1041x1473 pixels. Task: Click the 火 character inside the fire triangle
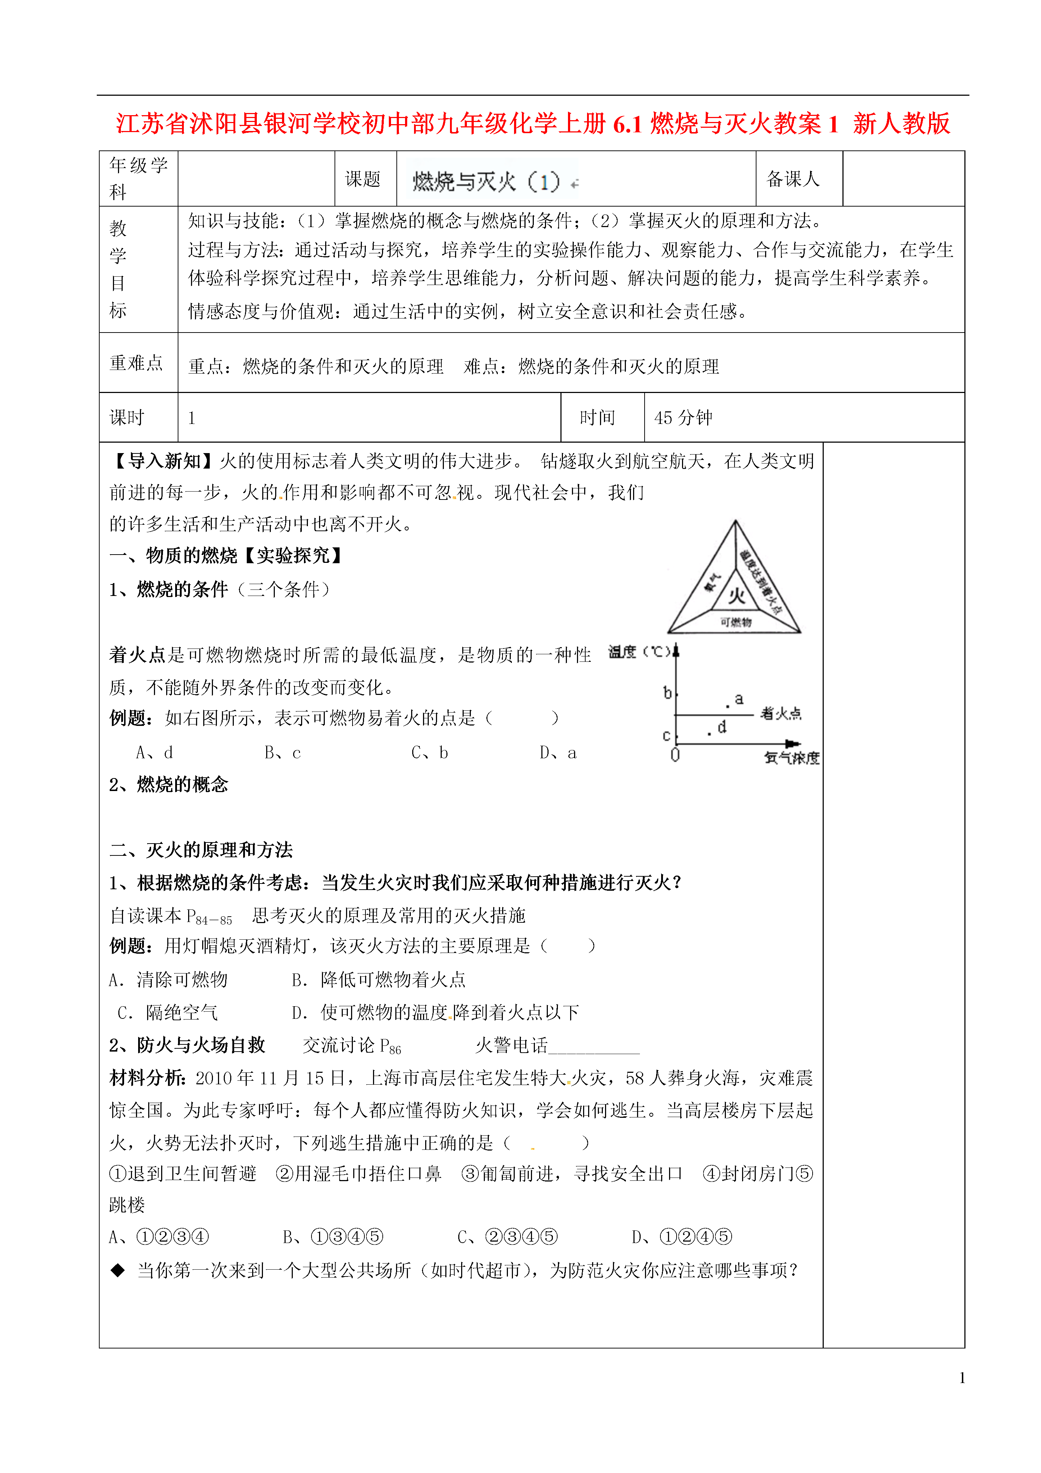point(736,595)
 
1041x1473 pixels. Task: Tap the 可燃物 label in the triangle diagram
point(736,622)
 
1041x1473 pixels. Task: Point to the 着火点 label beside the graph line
point(781,713)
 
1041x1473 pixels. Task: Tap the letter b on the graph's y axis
point(667,693)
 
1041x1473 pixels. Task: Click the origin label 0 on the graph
point(675,755)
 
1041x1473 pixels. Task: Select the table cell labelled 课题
point(363,179)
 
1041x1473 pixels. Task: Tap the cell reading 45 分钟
point(683,418)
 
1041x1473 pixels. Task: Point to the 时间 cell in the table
point(597,418)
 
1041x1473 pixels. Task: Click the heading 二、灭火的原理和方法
point(201,850)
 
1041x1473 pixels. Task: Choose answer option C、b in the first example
point(430,753)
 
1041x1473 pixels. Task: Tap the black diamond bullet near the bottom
point(117,1270)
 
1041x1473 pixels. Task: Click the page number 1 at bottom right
point(962,1377)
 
